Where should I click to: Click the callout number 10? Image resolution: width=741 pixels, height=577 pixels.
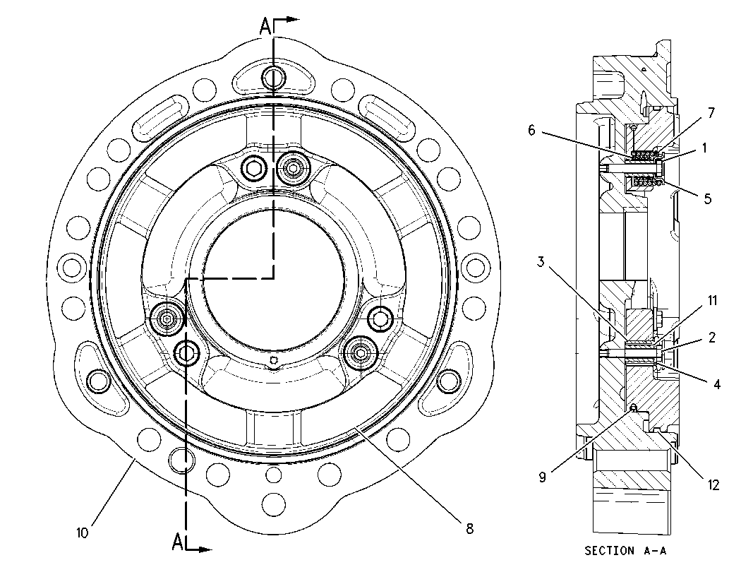(83, 533)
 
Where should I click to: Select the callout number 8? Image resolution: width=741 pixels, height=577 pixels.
(469, 528)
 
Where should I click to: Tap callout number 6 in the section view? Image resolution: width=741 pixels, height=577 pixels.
(531, 130)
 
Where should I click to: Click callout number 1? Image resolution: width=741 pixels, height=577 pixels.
(704, 148)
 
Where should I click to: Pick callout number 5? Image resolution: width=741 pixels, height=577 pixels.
(707, 198)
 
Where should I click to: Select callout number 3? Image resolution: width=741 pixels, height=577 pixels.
(541, 261)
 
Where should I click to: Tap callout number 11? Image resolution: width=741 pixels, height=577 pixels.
(712, 301)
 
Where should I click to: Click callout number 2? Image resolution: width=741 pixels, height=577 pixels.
(711, 338)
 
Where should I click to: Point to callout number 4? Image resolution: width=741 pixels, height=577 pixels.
(717, 384)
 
